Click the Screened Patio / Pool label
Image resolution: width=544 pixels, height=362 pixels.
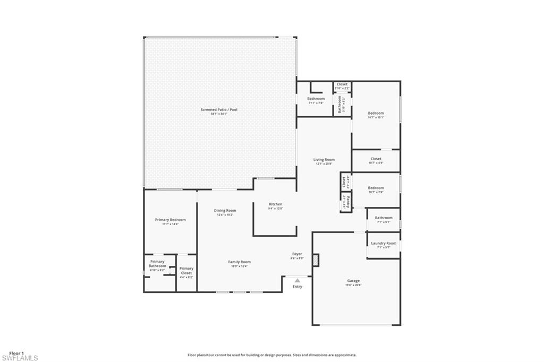219,110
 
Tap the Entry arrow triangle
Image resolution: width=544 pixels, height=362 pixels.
297,280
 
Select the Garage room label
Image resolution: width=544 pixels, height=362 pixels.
354,281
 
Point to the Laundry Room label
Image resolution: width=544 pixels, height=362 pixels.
384,243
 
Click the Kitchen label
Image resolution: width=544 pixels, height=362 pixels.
276,204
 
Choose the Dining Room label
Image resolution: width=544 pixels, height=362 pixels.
225,211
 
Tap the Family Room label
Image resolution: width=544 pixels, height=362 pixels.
239,262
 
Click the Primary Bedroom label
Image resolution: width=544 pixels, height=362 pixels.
171,220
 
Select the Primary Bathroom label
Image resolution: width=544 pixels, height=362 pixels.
157,264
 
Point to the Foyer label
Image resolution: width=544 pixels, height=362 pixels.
297,254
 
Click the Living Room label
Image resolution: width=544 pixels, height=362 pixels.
324,160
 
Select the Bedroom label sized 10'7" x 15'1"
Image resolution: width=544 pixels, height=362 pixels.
376,113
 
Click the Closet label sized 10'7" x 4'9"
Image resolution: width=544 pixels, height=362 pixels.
376,159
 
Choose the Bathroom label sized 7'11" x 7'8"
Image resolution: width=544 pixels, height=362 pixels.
316,99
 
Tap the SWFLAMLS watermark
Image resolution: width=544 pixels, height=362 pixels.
20,358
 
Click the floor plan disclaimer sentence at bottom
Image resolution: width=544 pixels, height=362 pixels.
272,355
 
